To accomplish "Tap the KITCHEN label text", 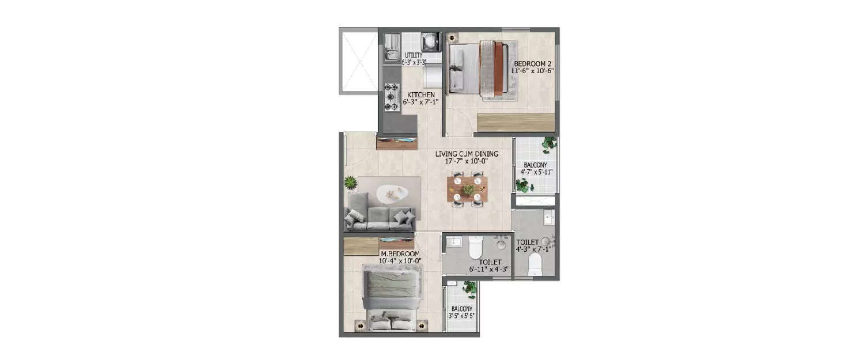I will (x=421, y=95).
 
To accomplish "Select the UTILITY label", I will (x=414, y=55).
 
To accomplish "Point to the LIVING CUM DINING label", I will (x=467, y=154).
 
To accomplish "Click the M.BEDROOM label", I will (x=400, y=253).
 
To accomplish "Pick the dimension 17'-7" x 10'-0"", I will (x=467, y=162).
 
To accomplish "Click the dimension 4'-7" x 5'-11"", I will (x=536, y=171).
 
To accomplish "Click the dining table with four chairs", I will (x=467, y=188).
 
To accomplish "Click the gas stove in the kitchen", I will (x=392, y=97).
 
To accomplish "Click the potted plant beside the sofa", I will (x=350, y=183).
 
